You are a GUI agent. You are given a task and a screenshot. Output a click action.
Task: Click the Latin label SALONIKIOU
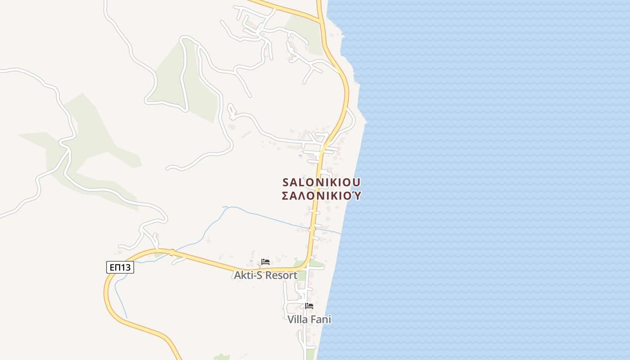click(321, 182)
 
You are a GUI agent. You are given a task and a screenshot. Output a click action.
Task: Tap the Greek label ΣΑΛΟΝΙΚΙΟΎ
click(321, 196)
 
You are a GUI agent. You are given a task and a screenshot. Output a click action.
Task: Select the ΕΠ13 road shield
click(120, 267)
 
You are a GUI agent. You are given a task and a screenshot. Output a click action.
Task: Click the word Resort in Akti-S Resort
click(281, 275)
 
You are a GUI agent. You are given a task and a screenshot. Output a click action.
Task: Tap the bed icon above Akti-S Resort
click(265, 262)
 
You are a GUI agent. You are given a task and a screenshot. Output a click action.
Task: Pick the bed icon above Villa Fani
click(309, 306)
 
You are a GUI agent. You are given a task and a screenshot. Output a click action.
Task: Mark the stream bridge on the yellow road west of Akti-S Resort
click(171, 252)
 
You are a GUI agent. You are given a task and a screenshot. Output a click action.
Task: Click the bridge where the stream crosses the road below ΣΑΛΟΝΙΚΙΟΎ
click(312, 229)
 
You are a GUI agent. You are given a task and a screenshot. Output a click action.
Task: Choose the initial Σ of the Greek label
click(285, 196)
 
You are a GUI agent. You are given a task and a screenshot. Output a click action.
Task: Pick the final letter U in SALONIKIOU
click(356, 182)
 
